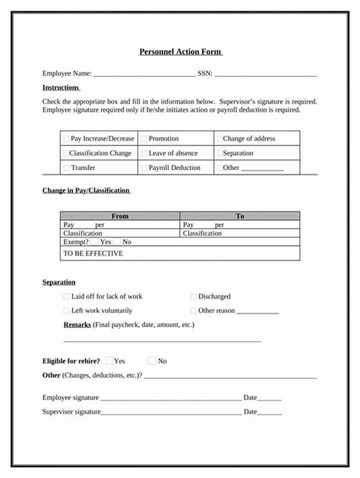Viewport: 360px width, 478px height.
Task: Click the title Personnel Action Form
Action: (x=180, y=52)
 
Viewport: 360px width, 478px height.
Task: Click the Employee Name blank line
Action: (x=144, y=75)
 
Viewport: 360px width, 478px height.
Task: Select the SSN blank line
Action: (x=265, y=75)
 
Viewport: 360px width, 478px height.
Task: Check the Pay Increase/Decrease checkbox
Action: (x=67, y=139)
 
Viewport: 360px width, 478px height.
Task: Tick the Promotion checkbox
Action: (x=144, y=139)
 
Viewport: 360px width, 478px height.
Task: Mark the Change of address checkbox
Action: (x=219, y=139)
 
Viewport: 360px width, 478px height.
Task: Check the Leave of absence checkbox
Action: (x=144, y=153)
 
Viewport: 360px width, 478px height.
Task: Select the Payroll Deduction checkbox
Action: (x=144, y=168)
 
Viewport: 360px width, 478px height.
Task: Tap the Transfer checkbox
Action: (x=67, y=168)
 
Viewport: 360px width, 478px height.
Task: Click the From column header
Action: (x=120, y=216)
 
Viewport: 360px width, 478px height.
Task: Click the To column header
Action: (x=240, y=216)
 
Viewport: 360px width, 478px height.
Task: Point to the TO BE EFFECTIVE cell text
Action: (x=93, y=253)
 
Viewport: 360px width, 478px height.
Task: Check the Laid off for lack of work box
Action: (x=67, y=297)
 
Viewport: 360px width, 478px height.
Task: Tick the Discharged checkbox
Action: (x=193, y=297)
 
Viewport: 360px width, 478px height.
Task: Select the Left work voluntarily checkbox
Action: (x=67, y=311)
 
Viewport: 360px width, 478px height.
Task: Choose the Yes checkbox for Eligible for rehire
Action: (x=109, y=361)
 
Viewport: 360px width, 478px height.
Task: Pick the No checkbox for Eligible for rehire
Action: (x=152, y=361)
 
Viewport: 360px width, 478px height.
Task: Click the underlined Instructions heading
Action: (x=61, y=87)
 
